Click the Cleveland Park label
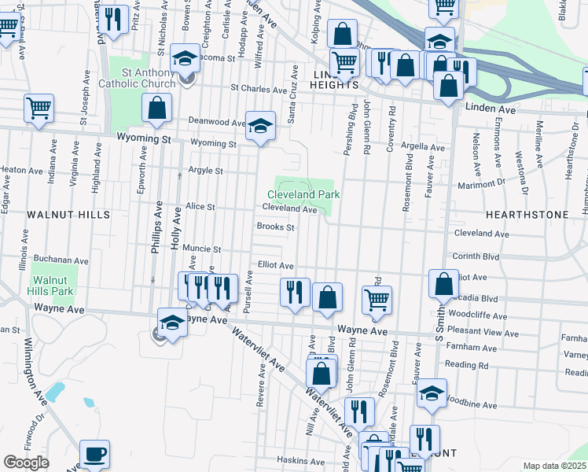pos(303,194)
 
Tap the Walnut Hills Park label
pos(52,286)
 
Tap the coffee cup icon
pos(94,454)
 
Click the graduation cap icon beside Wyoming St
pos(260,124)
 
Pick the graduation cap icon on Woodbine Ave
pos(431,393)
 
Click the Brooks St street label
pos(275,227)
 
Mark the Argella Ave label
pos(422,146)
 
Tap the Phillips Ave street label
pos(157,224)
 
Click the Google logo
pos(26,463)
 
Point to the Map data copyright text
pos(555,466)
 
